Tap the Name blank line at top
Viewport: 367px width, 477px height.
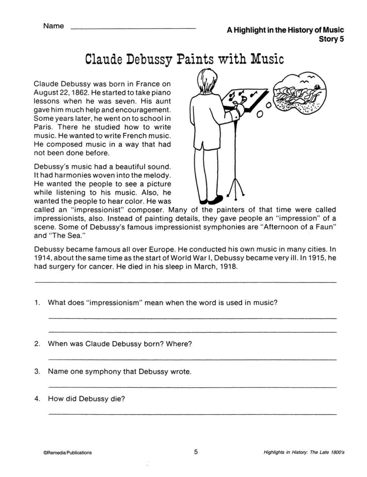[x=133, y=28]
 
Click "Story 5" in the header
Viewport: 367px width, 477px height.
[x=331, y=39]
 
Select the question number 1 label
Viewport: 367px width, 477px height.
[x=37, y=303]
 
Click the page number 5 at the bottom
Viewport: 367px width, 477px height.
[x=196, y=452]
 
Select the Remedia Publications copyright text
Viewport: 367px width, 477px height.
[x=68, y=452]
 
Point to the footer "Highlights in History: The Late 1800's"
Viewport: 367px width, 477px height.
[x=304, y=452]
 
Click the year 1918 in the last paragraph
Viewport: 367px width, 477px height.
[x=228, y=267]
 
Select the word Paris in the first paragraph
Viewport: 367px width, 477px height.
[x=43, y=127]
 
